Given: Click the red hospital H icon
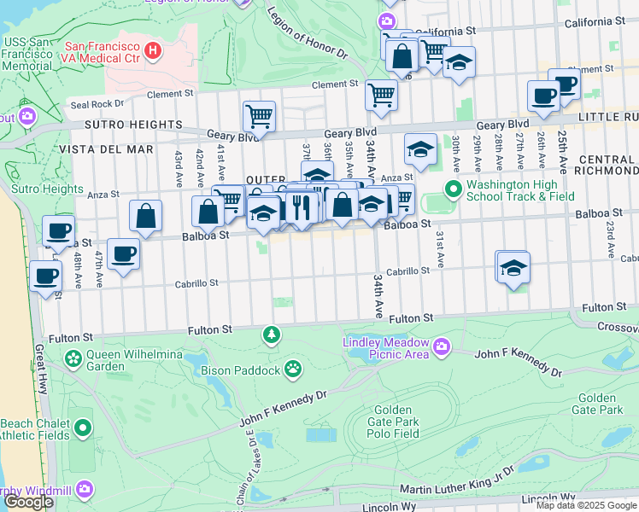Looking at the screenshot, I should [153, 51].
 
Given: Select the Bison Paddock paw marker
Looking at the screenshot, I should [293, 369].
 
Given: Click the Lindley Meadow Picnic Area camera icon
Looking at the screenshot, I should [442, 346].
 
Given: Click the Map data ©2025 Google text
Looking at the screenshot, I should [585, 505].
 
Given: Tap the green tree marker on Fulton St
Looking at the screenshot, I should [272, 334].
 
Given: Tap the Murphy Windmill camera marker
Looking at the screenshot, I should [84, 488].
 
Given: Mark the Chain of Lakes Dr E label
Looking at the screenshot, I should [253, 465].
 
